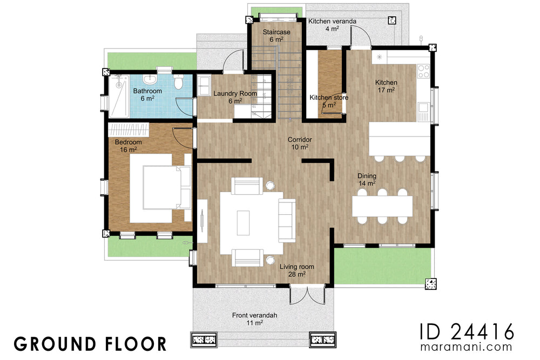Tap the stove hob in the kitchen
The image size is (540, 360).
(x=423, y=71)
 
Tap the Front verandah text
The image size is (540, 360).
(x=247, y=318)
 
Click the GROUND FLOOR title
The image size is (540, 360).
(x=90, y=343)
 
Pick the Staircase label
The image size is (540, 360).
(x=276, y=36)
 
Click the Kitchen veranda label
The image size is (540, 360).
(x=332, y=24)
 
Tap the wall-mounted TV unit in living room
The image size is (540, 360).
(x=201, y=222)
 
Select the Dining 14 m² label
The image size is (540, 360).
(x=367, y=180)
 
